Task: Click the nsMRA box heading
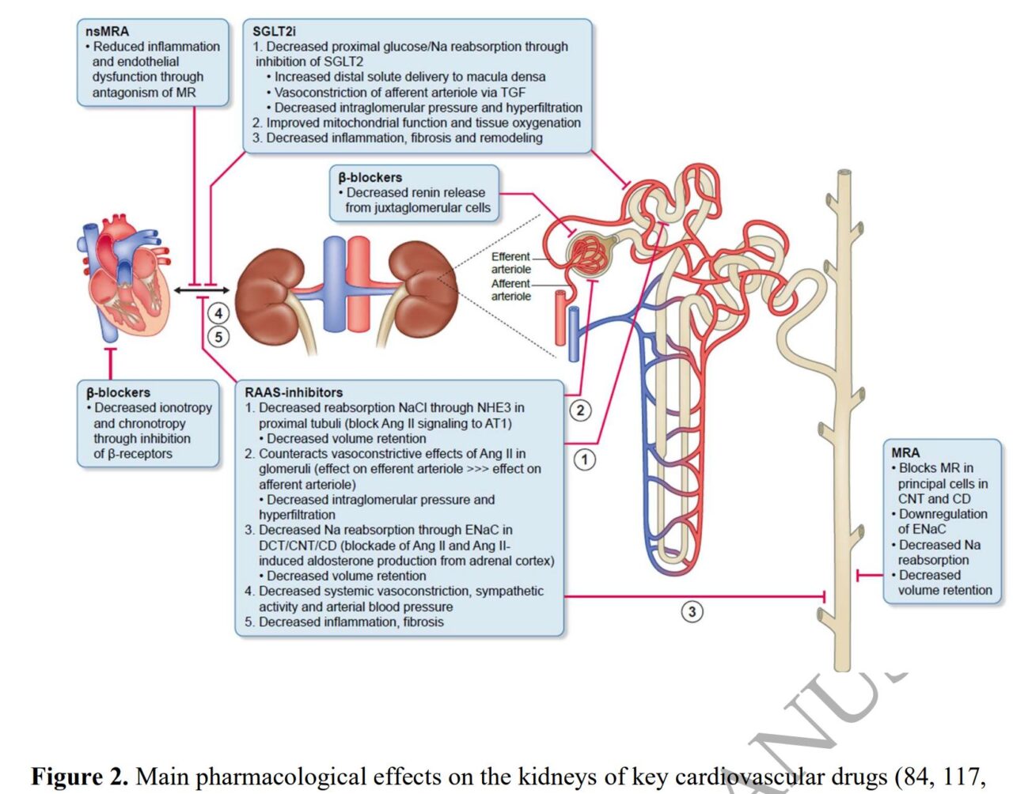tap(107, 32)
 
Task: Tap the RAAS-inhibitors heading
tap(294, 392)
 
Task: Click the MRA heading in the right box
tap(905, 452)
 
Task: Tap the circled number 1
tap(584, 459)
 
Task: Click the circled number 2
tap(580, 410)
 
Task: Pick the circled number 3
tap(692, 611)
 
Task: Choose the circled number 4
tap(218, 313)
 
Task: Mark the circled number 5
tap(218, 337)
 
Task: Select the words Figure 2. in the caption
tap(79, 777)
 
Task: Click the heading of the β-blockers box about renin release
tap(370, 177)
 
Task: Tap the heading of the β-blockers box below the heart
tap(118, 392)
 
